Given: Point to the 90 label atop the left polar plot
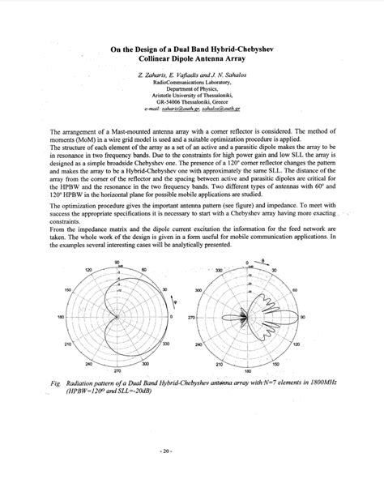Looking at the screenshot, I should (117, 262).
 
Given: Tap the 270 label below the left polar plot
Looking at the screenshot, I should (118, 370).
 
